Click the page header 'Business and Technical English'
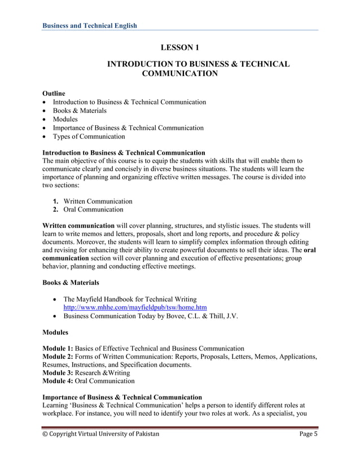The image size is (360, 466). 90,25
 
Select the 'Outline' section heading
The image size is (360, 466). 54,93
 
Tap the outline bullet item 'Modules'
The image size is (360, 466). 65,119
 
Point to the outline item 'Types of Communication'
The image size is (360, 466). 89,137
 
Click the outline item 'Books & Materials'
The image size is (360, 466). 80,111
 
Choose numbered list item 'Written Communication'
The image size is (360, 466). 98,201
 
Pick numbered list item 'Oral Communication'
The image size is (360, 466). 93,209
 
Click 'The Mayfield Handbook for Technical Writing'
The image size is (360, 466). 130,299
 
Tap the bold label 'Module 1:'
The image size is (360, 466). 58,348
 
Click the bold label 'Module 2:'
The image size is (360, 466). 58,357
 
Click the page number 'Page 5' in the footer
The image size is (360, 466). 308,434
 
